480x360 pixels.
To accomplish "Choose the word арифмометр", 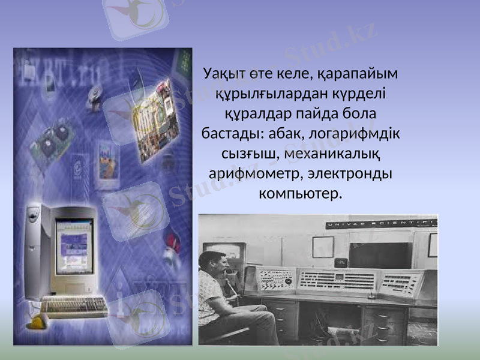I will [x=248, y=173].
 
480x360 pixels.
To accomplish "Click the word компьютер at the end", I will [x=299, y=194].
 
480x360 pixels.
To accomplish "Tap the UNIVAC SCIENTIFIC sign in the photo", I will [x=381, y=224].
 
